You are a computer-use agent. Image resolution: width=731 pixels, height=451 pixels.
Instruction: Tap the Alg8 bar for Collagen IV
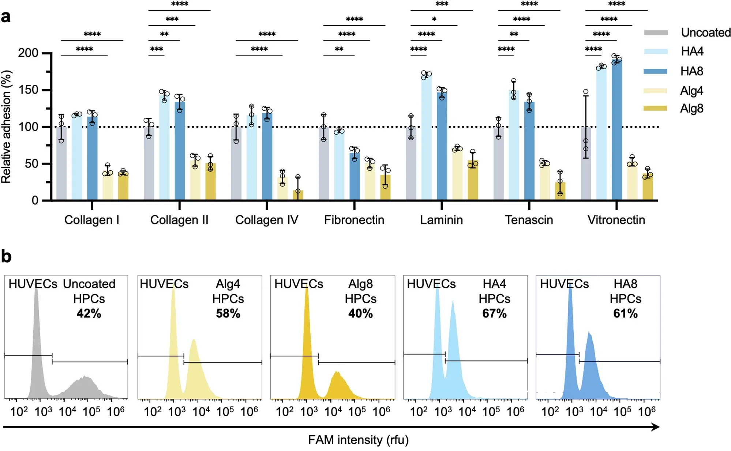pos(298,195)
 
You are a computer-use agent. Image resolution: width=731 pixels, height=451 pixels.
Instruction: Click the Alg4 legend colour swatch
pos(655,91)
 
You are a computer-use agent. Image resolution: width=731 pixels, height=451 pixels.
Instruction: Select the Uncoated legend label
pos(705,33)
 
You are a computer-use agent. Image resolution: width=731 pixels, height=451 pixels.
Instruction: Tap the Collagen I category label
pos(91,220)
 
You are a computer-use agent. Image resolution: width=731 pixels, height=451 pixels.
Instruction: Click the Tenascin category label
pos(529,220)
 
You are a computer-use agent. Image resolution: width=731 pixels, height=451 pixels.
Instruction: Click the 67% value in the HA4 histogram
pos(494,314)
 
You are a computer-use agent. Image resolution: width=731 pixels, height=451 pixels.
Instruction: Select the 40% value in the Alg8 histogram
pos(360,314)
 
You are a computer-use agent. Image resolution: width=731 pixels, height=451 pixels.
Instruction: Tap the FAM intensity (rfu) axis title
pos(358,440)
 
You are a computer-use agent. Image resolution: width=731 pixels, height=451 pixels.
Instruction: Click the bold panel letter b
pos(6,257)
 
